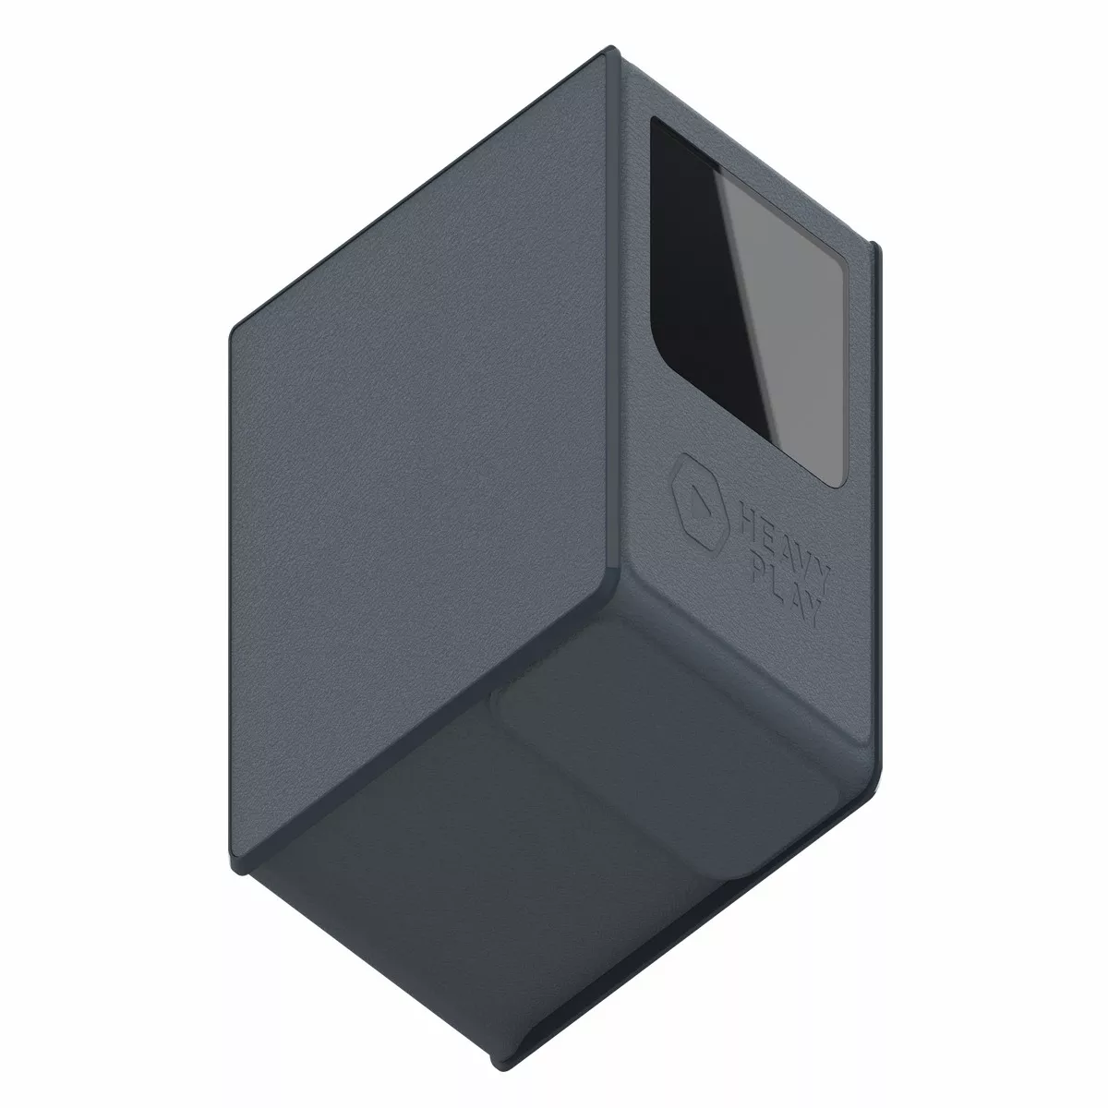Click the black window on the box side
[x=749, y=301]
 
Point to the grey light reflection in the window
[x=782, y=322]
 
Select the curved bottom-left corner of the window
[x=661, y=361]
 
